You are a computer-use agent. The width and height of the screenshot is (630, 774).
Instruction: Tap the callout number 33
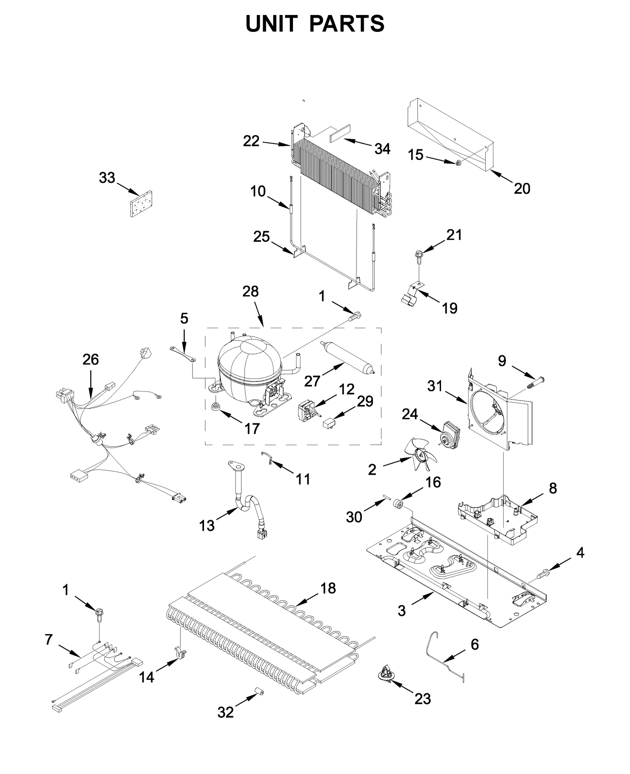(107, 178)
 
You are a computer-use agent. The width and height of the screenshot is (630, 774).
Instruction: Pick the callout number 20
(522, 189)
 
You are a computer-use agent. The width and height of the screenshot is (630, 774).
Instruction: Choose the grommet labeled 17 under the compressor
(215, 406)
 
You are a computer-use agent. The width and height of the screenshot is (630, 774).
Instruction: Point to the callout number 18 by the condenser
(328, 588)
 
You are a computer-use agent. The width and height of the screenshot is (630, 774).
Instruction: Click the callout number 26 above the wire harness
(91, 360)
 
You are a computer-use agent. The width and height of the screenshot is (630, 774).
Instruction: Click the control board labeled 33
(141, 204)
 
